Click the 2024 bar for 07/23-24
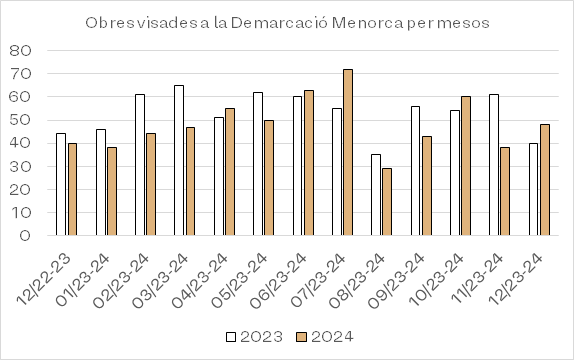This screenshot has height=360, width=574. pyautogui.click(x=348, y=152)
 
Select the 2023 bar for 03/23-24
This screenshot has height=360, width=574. pyautogui.click(x=179, y=160)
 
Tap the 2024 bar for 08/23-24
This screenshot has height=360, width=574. pyautogui.click(x=387, y=202)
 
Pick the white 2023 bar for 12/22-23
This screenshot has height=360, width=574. pyautogui.click(x=61, y=184)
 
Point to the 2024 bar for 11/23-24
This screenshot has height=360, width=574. pyautogui.click(x=505, y=191)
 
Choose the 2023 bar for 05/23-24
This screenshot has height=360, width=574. pyautogui.click(x=258, y=164)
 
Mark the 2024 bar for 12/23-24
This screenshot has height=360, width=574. pyautogui.click(x=545, y=180)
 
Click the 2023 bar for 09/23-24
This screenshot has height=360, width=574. pyautogui.click(x=415, y=171)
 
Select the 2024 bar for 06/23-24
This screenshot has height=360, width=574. pyautogui.click(x=309, y=163)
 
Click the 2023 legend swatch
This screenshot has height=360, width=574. pyautogui.click(x=231, y=337)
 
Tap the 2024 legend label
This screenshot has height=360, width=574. pyautogui.click(x=332, y=337)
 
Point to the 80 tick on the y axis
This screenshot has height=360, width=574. pyautogui.click(x=20, y=51)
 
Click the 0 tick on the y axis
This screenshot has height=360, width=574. pyautogui.click(x=25, y=235)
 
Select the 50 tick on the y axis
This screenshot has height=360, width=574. pyautogui.click(x=20, y=120)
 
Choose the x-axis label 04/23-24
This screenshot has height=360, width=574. pyautogui.click(x=200, y=281)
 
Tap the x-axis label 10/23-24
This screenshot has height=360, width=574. pyautogui.click(x=436, y=281)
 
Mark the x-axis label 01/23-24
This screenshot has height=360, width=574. pyautogui.click(x=82, y=281)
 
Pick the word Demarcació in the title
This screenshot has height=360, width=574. pyautogui.click(x=279, y=23)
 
